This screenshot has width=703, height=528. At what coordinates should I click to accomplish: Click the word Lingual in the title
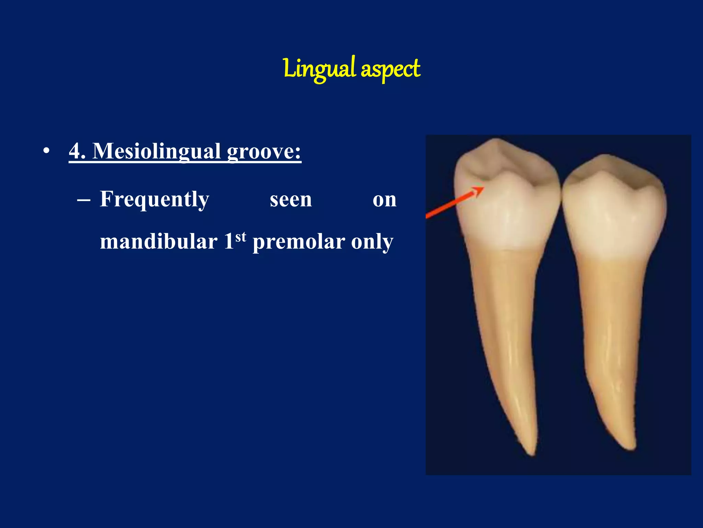[319, 69]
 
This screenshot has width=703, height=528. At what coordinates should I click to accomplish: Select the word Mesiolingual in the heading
[157, 152]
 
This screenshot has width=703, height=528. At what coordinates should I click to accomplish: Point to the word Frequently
[154, 199]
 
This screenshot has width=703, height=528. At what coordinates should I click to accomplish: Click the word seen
[291, 200]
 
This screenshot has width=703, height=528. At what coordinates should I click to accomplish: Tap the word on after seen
[384, 200]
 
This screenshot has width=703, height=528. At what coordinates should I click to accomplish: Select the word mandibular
[159, 242]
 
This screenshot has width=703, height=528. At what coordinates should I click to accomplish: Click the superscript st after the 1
[241, 237]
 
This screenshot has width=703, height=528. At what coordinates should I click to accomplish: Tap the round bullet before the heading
[47, 151]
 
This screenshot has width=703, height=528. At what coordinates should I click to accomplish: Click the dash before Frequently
[84, 200]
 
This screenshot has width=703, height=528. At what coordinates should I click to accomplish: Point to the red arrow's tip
[483, 188]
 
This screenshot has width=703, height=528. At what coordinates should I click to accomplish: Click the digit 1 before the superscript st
[229, 242]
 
